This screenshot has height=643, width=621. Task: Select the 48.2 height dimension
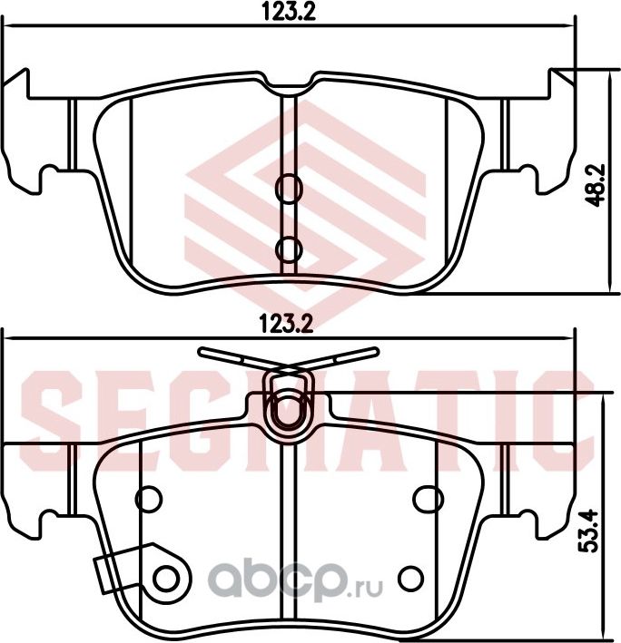[x=596, y=186]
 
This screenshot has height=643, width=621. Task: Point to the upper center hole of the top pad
[x=289, y=187]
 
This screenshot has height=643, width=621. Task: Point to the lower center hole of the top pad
[x=289, y=247]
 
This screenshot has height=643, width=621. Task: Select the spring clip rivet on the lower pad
[x=290, y=403]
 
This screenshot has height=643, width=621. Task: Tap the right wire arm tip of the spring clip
[x=370, y=350]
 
